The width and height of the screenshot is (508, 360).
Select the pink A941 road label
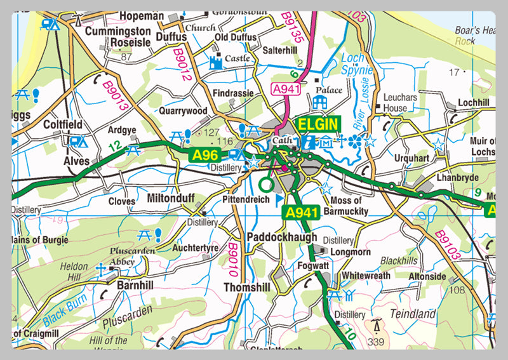point(285,90)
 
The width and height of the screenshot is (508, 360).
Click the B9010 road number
point(232,262)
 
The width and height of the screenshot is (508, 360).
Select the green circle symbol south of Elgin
point(266,185)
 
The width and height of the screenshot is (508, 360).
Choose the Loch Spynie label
point(353,63)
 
